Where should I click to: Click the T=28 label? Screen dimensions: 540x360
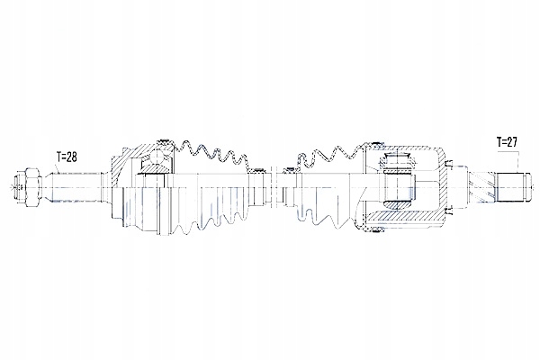[67, 157]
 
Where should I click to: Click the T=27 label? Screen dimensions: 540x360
[507, 141]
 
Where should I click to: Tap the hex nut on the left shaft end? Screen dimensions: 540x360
[31, 187]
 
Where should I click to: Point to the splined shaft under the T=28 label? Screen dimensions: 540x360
[76, 187]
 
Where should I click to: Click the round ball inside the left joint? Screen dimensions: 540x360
[158, 158]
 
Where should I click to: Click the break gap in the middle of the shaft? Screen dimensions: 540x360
[274, 188]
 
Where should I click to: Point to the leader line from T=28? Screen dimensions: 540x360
[56, 168]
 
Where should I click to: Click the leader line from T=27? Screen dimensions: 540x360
[518, 160]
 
